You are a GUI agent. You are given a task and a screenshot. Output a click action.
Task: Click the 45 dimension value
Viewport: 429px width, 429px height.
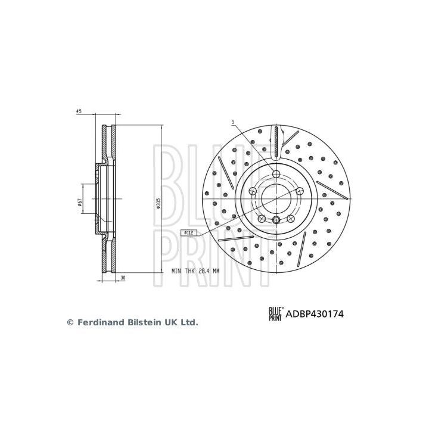[x=78, y=111]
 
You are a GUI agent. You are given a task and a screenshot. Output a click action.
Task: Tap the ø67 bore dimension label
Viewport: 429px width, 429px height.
[x=79, y=204]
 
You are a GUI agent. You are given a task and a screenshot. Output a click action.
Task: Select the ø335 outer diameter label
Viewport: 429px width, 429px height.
[x=158, y=204]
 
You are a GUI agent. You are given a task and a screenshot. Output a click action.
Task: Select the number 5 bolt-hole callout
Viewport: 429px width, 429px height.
[x=234, y=122]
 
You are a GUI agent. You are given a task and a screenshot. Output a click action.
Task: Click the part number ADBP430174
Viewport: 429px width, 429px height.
[x=316, y=312]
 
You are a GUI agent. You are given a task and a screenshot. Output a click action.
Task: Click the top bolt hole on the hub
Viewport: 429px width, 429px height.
[x=276, y=173]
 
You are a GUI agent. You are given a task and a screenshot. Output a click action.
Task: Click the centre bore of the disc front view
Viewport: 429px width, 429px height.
[x=276, y=197]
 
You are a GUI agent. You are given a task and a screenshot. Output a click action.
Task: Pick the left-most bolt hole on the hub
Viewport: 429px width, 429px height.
[x=253, y=191]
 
